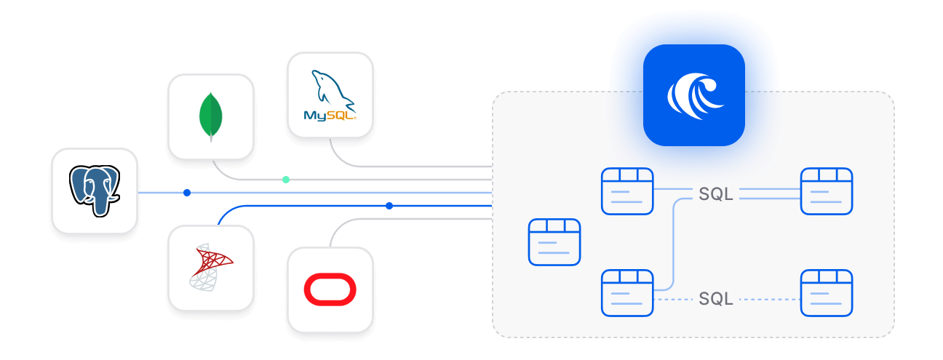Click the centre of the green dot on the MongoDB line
(x=286, y=180)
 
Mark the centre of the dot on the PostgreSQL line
(x=187, y=193)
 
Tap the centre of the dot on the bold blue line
(x=389, y=206)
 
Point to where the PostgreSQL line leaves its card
(x=138, y=193)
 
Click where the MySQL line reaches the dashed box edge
(x=493, y=167)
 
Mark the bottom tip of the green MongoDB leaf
(x=211, y=142)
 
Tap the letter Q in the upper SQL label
(x=716, y=194)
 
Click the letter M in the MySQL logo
(x=310, y=115)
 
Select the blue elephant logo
(x=95, y=191)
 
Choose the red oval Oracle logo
(x=330, y=289)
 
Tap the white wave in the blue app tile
(x=695, y=96)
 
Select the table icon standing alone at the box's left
(x=554, y=242)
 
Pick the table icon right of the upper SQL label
(x=827, y=191)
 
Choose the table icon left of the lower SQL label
(x=627, y=292)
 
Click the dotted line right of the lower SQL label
(x=770, y=300)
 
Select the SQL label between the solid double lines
(x=716, y=194)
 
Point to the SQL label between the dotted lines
(x=716, y=299)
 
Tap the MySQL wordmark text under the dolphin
(x=330, y=115)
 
